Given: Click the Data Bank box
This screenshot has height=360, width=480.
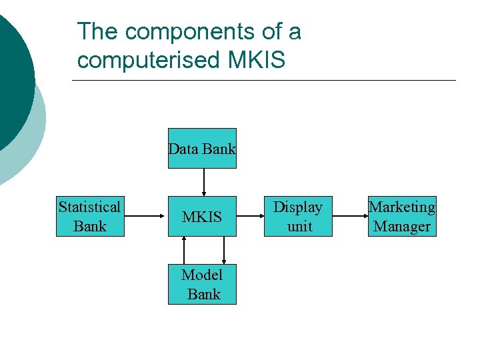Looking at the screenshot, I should pyautogui.click(x=202, y=148).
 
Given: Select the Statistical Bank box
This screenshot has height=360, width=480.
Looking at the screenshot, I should pyautogui.click(x=89, y=217).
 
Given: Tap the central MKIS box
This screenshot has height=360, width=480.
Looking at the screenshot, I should pyautogui.click(x=202, y=217).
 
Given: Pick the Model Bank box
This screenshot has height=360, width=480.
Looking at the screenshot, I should pyautogui.click(x=202, y=284).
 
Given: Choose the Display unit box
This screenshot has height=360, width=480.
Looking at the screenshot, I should pyautogui.click(x=298, y=217).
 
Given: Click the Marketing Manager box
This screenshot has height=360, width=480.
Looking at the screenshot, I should pyautogui.click(x=401, y=217).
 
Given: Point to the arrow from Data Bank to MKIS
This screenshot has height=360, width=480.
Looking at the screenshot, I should pyautogui.click(x=204, y=182).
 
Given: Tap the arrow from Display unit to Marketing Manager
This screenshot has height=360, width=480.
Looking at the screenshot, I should pyautogui.click(x=349, y=216).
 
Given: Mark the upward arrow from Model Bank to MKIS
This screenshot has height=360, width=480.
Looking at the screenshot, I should pyautogui.click(x=185, y=251).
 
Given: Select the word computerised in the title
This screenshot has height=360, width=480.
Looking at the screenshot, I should pyautogui.click(x=147, y=60).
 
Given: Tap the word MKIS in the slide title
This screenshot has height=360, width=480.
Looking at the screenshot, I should pyautogui.click(x=257, y=60).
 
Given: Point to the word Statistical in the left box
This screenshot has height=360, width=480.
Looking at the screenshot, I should pyautogui.click(x=89, y=207).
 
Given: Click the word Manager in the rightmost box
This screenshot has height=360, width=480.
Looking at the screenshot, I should pyautogui.click(x=402, y=227).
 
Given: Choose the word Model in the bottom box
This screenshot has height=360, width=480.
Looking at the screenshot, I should pyautogui.click(x=202, y=275).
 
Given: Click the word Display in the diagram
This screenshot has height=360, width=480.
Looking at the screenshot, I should pyautogui.click(x=298, y=207).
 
